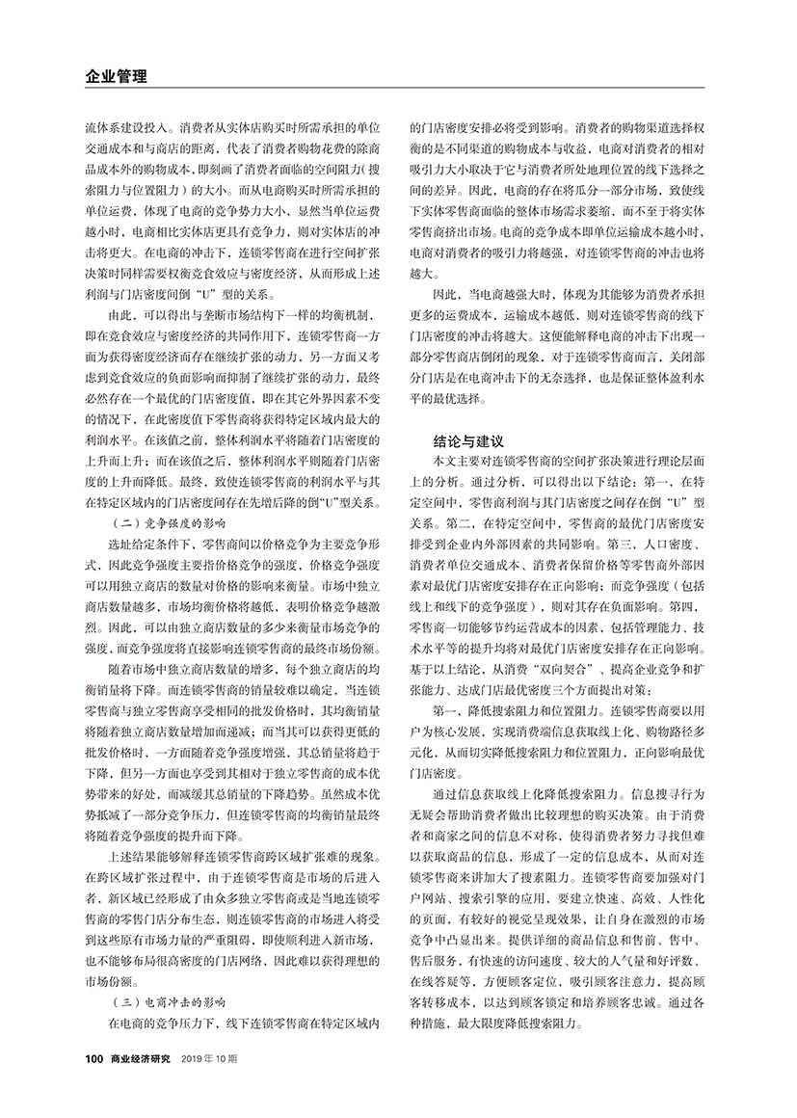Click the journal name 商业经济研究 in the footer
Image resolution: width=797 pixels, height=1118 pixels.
point(140,1059)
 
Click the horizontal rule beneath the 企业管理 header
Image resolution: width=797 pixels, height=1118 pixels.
point(397,91)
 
